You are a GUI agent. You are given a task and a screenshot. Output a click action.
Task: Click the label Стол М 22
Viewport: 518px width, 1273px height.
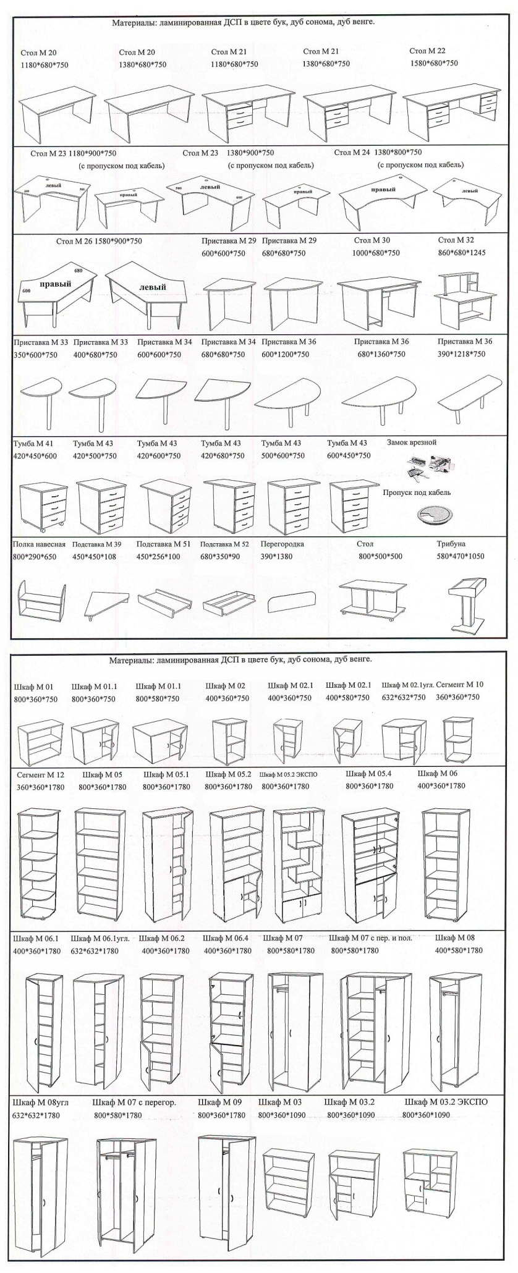tap(427, 51)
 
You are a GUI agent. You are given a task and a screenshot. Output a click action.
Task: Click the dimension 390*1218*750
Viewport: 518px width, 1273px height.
tap(461, 354)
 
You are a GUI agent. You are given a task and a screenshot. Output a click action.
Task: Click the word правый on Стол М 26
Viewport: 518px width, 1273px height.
tap(56, 284)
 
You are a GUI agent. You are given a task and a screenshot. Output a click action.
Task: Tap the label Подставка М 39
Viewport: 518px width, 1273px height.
tap(96, 544)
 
